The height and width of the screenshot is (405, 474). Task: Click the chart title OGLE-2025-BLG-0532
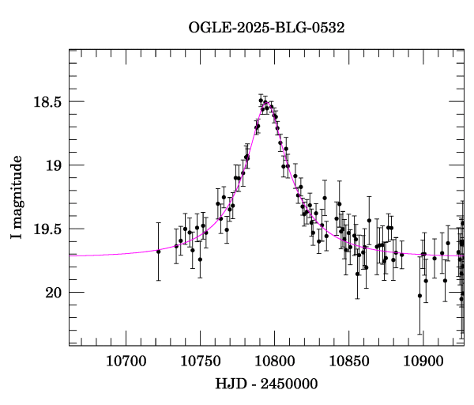(x=266, y=27)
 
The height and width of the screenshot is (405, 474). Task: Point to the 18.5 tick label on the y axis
(x=46, y=102)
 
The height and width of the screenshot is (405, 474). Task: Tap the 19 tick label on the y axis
(x=54, y=165)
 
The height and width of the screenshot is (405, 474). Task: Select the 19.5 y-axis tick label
(x=46, y=229)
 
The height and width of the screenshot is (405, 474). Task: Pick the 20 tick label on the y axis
(x=54, y=293)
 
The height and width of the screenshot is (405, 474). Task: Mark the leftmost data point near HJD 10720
(x=158, y=252)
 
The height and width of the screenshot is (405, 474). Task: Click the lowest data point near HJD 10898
(x=420, y=296)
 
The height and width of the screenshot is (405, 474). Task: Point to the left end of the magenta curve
(x=70, y=256)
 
